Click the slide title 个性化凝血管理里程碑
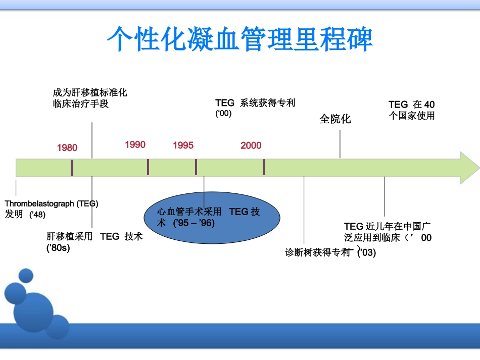[240, 39]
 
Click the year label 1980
[67, 147]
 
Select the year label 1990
[135, 145]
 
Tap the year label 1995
[183, 145]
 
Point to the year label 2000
[251, 145]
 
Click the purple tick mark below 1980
[72, 168]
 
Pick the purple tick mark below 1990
[148, 167]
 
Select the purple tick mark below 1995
[196, 167]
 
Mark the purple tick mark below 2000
[264, 167]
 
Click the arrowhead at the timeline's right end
[469, 168]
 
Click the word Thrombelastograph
[40, 204]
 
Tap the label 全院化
[335, 119]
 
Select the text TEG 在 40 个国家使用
[411, 110]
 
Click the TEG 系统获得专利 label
[255, 103]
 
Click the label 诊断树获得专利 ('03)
[330, 252]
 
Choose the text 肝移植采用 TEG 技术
[94, 236]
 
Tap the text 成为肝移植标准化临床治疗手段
[89, 98]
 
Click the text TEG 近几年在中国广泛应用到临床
[388, 232]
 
